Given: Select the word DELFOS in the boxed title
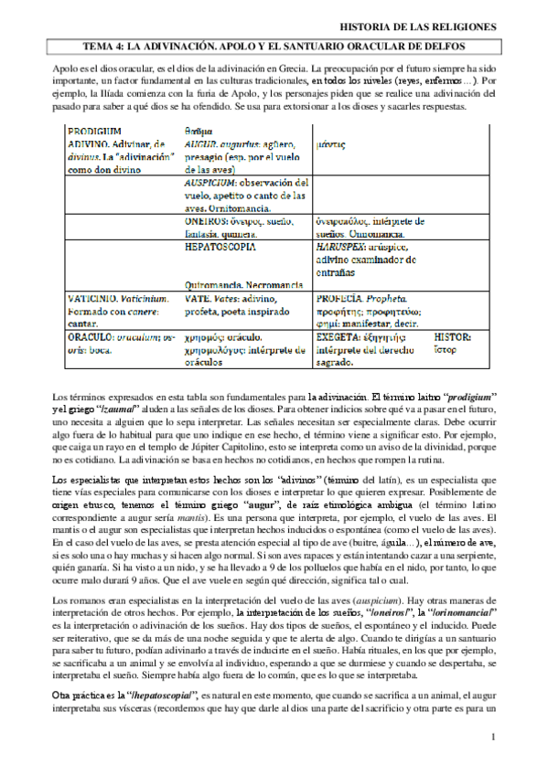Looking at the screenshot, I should click(442, 45).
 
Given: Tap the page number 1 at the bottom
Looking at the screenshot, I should click(492, 736).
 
